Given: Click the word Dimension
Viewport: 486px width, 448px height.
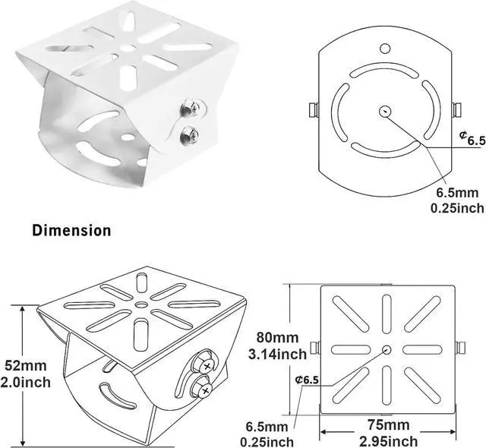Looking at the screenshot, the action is click(x=71, y=231).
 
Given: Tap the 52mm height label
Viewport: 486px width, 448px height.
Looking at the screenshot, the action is click(x=25, y=365).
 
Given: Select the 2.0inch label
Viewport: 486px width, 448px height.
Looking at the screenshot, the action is click(x=25, y=382).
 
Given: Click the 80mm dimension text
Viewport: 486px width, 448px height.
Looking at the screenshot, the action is click(x=277, y=337).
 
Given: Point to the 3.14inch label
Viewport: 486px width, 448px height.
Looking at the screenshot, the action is click(x=277, y=354).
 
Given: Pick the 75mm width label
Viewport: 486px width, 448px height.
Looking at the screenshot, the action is click(x=388, y=424).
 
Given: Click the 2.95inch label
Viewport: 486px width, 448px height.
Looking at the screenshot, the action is click(x=388, y=441).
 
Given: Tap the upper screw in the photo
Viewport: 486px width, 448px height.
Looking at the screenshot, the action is click(x=190, y=108).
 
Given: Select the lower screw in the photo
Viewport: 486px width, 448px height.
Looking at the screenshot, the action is click(x=189, y=135).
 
